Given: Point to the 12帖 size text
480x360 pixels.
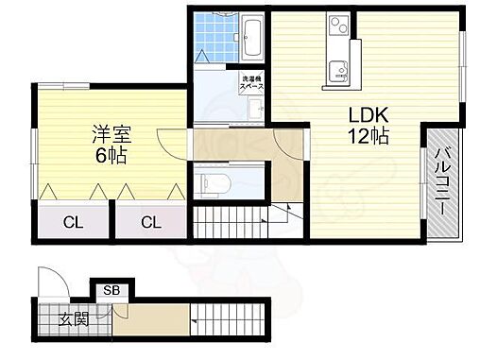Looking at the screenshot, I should (367, 135).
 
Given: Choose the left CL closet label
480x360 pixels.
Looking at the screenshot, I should (72, 223).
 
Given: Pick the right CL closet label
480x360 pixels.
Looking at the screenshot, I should (150, 223).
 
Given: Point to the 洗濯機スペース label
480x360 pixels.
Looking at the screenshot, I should (251, 83).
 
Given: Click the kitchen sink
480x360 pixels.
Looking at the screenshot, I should (337, 68).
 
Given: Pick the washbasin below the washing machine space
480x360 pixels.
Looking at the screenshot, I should (254, 111).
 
